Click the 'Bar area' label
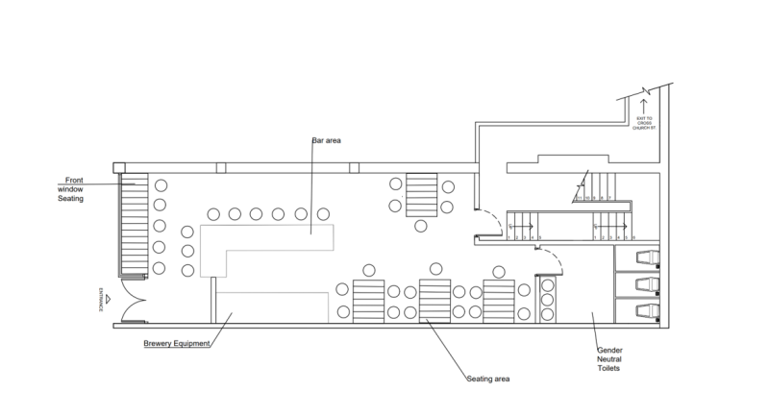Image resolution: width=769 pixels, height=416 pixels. pos(327,140)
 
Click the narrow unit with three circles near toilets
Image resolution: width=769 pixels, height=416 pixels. pos(550,300)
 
